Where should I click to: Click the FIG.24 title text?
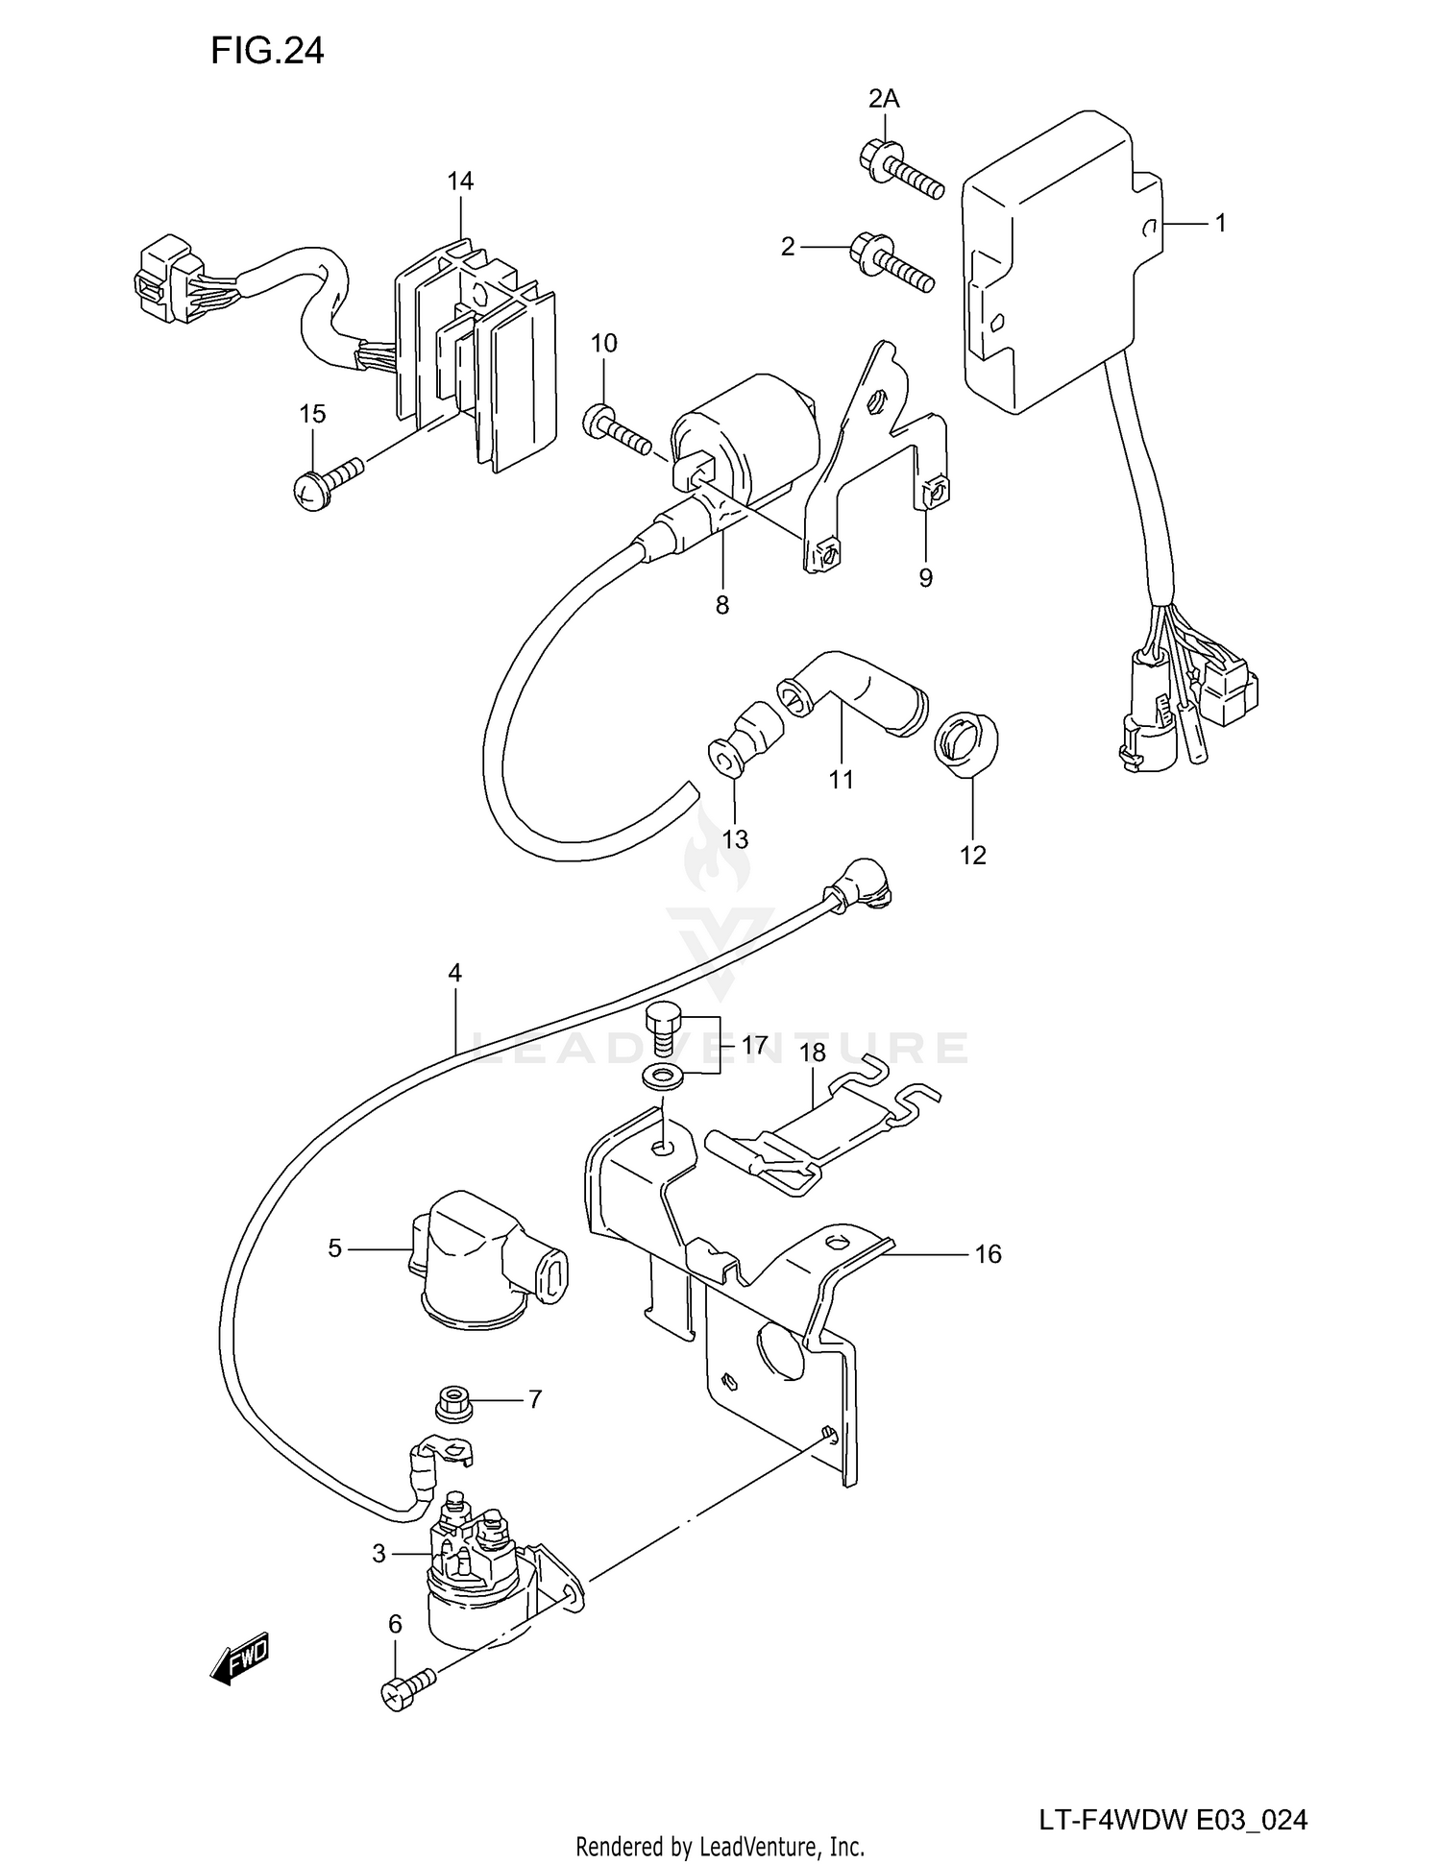click(x=267, y=51)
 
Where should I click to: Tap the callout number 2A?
click(x=884, y=98)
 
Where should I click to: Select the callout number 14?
click(x=460, y=181)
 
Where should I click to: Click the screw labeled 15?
click(x=327, y=480)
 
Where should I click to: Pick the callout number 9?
click(x=925, y=577)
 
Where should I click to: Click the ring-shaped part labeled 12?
click(x=965, y=742)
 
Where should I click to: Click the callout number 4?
click(x=454, y=973)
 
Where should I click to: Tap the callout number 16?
click(x=988, y=1253)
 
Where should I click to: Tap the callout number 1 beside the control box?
click(x=1220, y=223)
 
